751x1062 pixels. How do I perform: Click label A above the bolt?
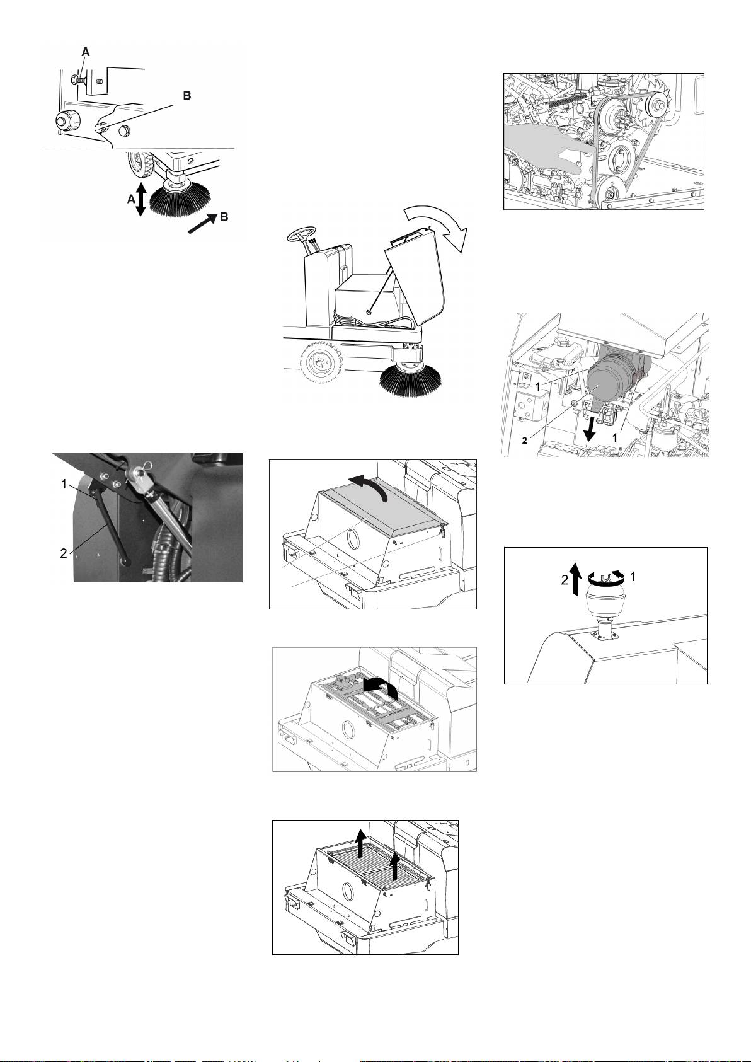(x=86, y=54)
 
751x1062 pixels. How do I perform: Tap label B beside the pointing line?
(x=186, y=96)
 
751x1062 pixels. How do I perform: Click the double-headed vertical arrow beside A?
(x=141, y=200)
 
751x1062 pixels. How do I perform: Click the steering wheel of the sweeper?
(x=302, y=236)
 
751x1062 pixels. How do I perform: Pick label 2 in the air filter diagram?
(x=524, y=441)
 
